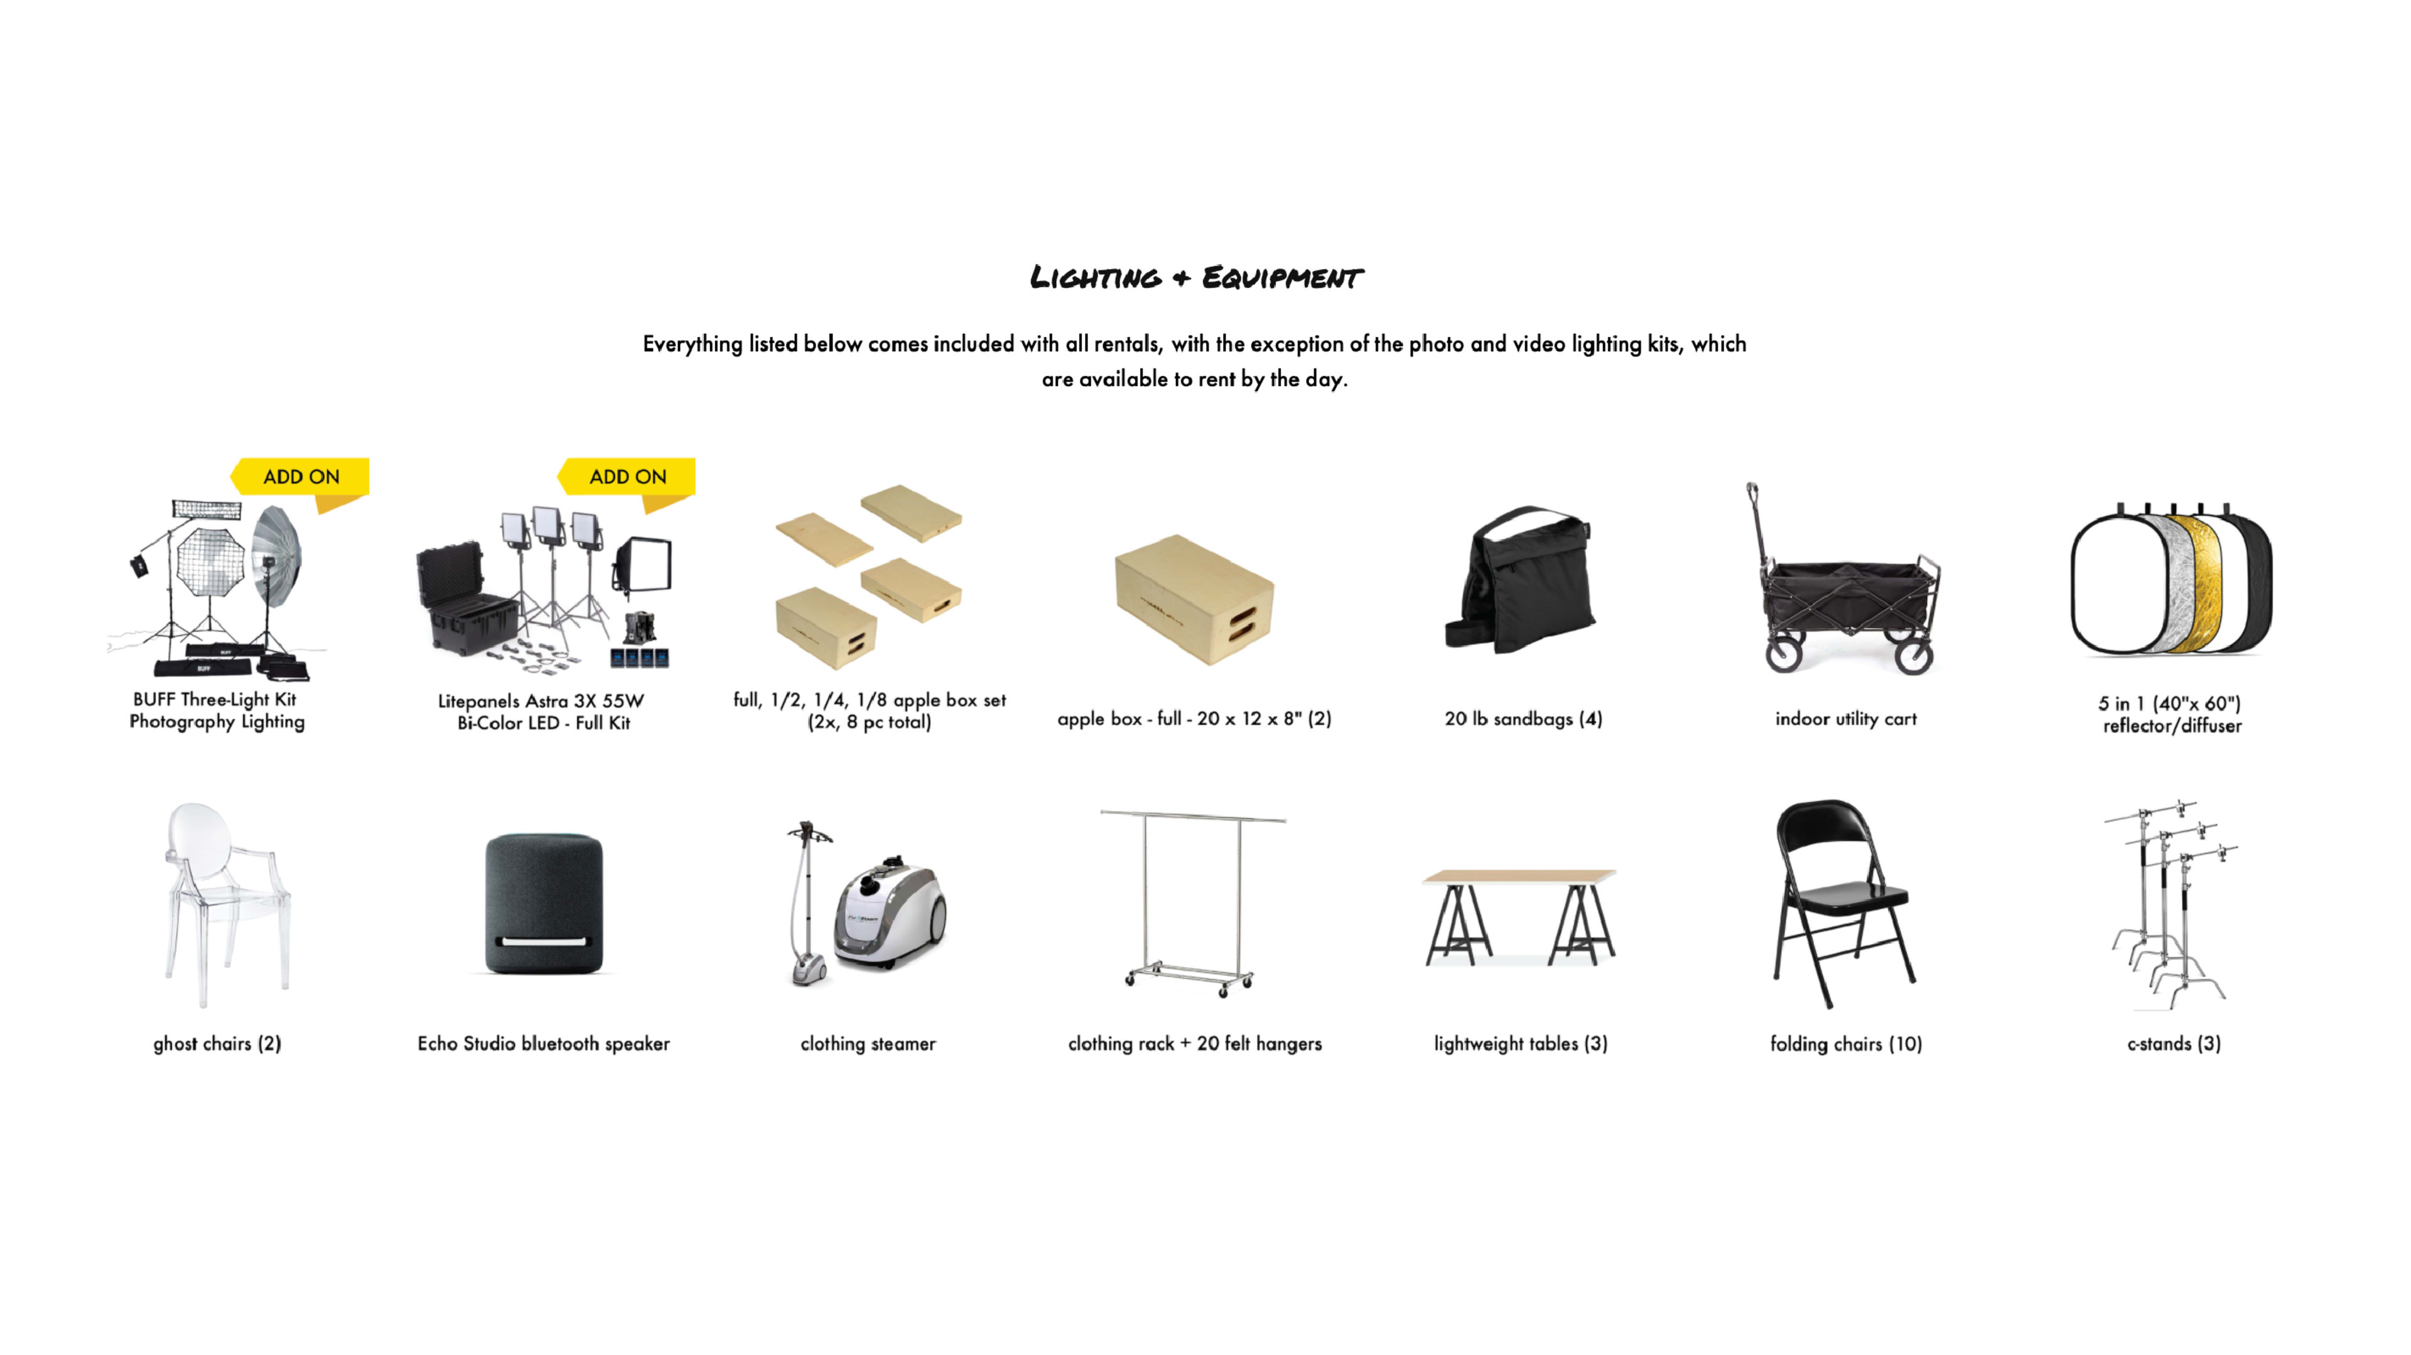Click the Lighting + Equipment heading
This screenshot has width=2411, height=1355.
1195,278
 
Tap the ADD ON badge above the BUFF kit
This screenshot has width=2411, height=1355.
301,476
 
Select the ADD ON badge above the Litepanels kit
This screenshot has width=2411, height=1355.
628,476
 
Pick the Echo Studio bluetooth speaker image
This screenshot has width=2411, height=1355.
544,904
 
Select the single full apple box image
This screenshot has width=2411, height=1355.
1194,598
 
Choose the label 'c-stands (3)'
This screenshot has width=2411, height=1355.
2173,1043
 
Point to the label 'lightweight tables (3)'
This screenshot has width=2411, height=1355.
1521,1043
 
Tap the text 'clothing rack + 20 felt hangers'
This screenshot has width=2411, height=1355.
1194,1043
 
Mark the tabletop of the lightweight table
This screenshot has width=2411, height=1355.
1518,877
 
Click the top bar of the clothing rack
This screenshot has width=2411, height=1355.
1194,816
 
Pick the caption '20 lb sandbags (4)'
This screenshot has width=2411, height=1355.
1523,719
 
